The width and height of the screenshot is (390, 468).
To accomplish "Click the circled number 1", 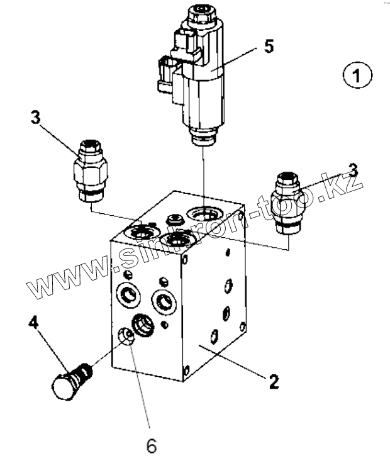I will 357,77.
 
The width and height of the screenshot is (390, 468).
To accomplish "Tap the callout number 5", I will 269,47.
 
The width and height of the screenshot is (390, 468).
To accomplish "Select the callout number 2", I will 274,381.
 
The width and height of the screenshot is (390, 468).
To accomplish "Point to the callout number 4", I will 33,325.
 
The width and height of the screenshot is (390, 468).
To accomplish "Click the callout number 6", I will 151,445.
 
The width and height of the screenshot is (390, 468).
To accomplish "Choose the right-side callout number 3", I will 354,170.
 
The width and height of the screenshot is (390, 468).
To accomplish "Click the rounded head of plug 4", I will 60,387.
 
